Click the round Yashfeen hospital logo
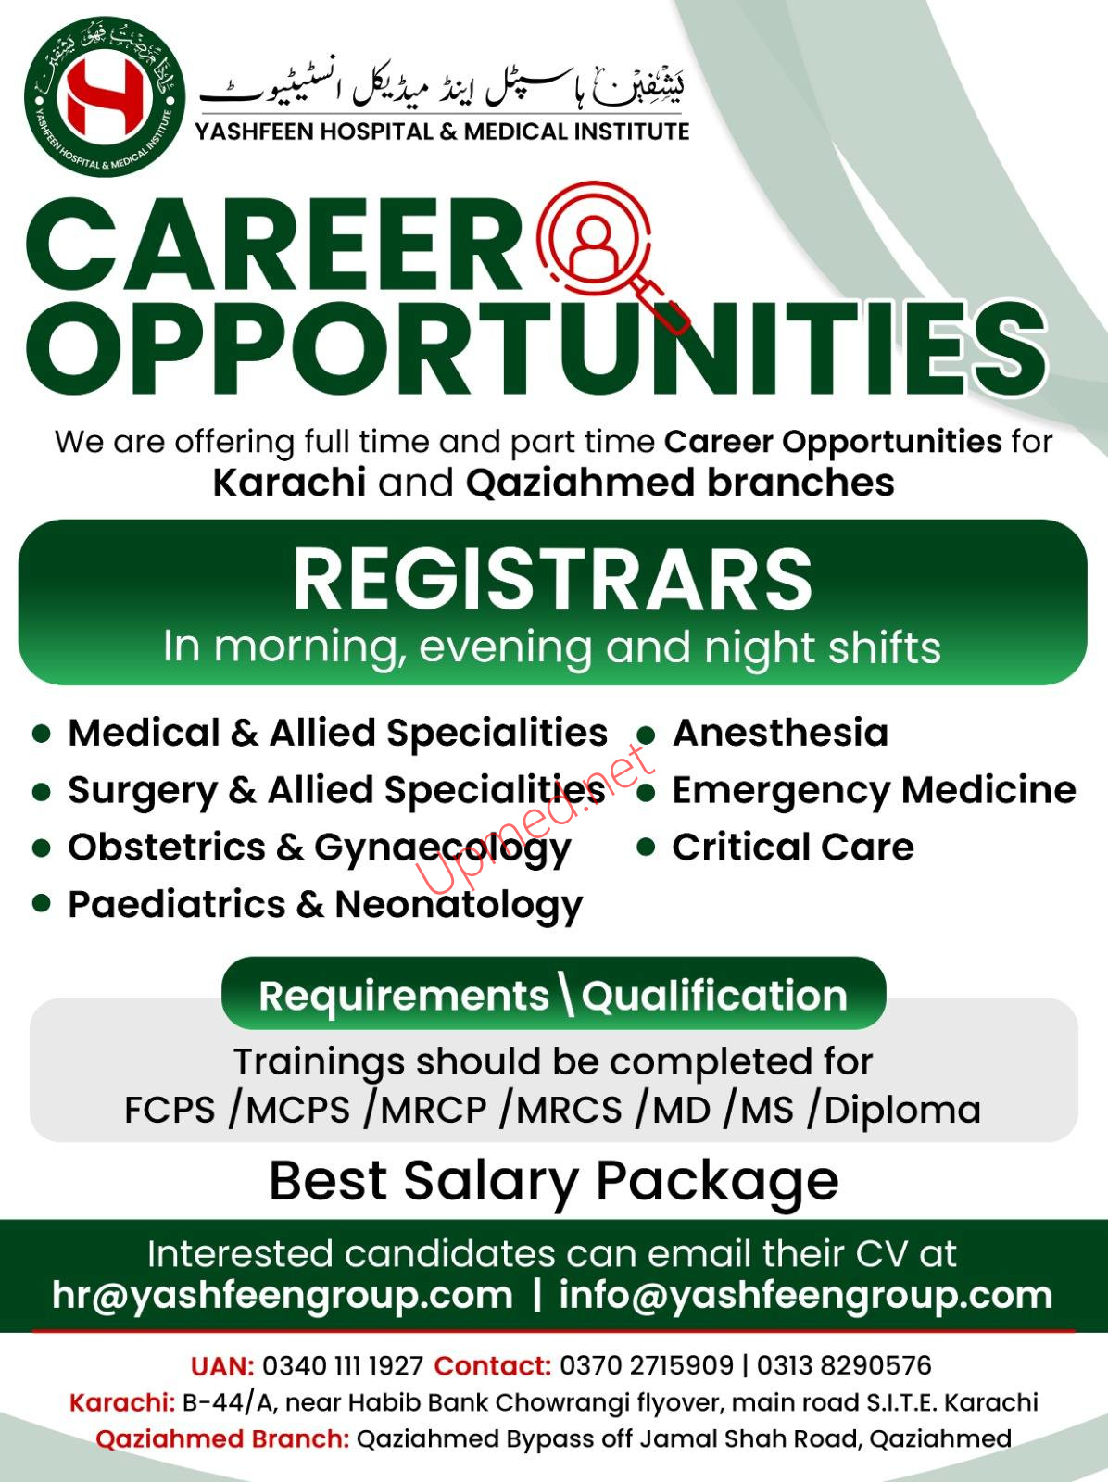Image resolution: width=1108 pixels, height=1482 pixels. [x=105, y=96]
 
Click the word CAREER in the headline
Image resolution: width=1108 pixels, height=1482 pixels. [x=274, y=245]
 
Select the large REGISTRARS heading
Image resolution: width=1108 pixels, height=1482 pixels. [x=553, y=580]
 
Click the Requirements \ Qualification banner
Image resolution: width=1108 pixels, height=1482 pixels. [x=554, y=994]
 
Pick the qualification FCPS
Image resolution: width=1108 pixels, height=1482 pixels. [x=170, y=1110]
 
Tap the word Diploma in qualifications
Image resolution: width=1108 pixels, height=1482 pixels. [x=902, y=1111]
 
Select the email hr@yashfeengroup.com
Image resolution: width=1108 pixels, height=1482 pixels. [x=283, y=1296]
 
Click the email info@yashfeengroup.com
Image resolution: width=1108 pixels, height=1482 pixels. [x=805, y=1296]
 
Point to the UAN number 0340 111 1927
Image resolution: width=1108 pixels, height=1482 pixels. [x=343, y=1366]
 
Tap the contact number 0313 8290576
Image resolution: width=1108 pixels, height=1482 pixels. [x=844, y=1365]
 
